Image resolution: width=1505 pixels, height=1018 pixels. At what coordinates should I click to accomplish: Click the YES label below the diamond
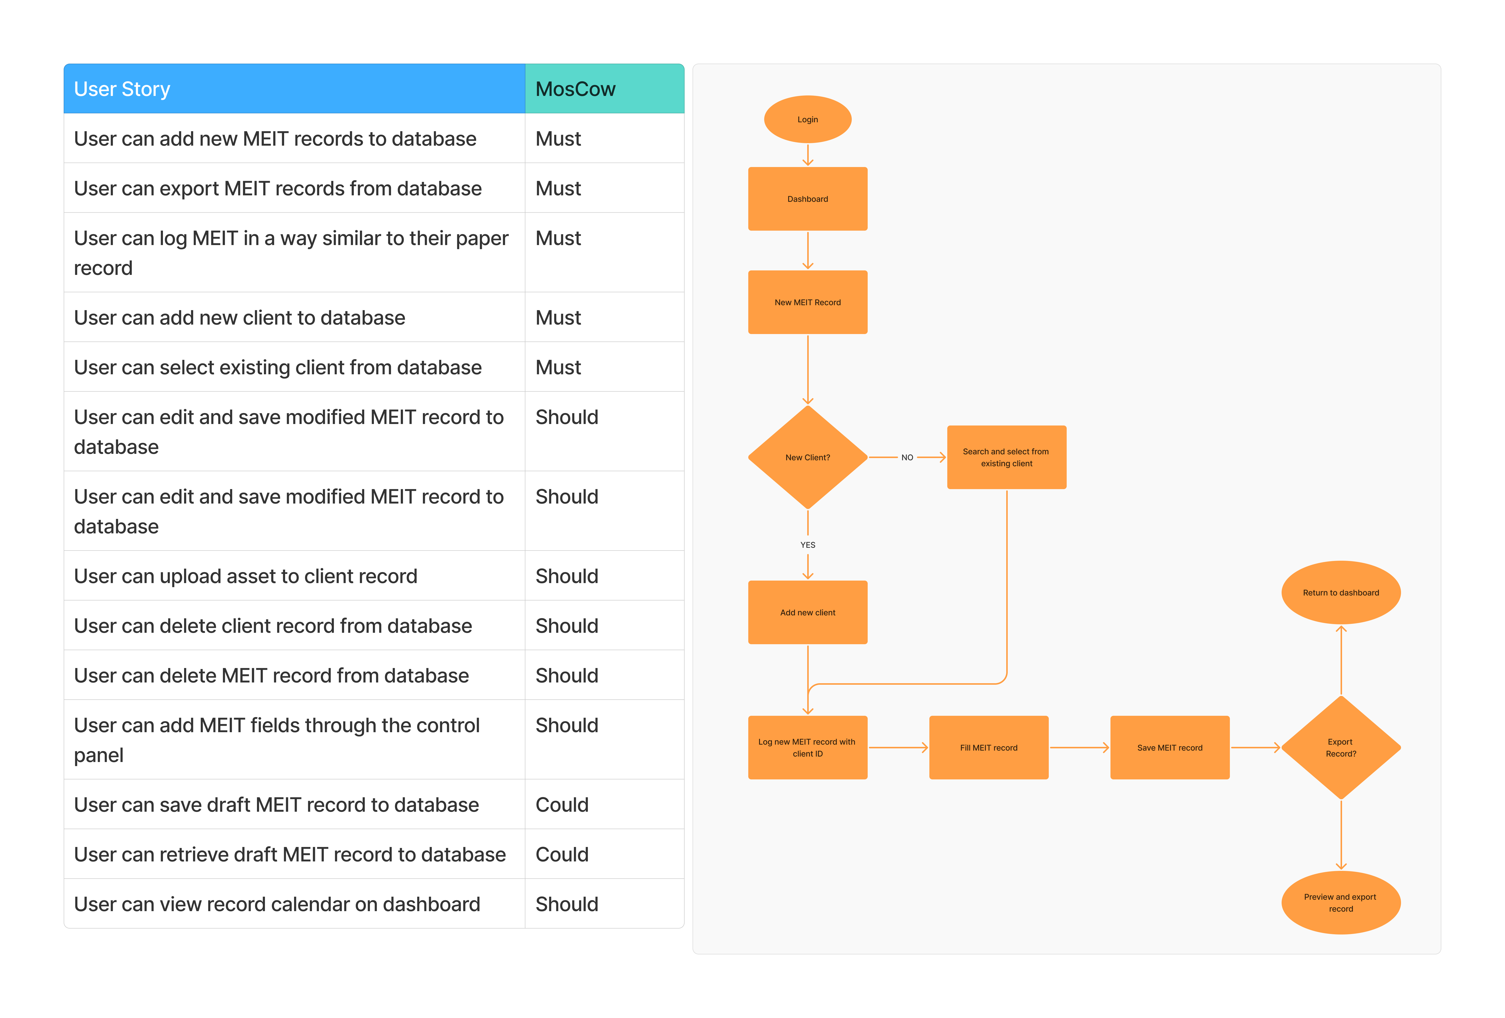coord(807,545)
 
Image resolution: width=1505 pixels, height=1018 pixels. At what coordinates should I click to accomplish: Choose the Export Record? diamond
coord(1341,748)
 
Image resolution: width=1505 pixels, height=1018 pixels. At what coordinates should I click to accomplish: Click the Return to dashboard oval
coord(1341,593)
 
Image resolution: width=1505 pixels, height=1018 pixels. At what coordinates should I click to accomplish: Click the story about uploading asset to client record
coord(246,576)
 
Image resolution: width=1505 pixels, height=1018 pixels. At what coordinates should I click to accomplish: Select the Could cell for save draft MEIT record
coord(561,805)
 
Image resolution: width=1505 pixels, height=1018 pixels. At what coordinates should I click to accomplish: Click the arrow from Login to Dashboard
coord(807,155)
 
